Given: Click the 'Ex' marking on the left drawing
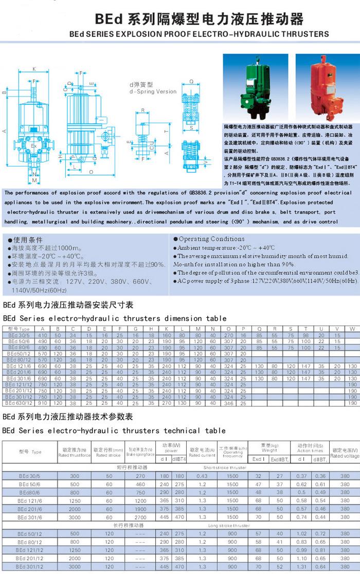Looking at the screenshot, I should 33,145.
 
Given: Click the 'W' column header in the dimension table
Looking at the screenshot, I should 352,329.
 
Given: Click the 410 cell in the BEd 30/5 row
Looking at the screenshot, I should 43,335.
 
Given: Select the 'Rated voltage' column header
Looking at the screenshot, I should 345,453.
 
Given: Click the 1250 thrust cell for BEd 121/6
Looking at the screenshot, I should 75,500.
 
